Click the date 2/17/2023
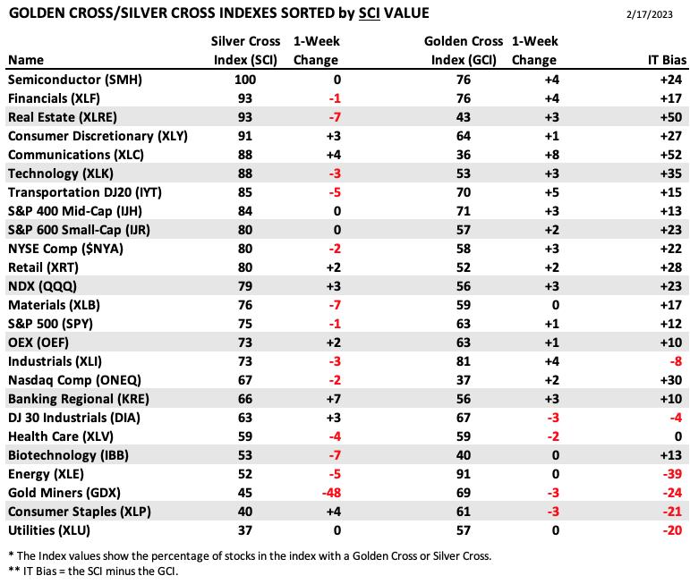coord(650,14)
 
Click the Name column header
coord(26,60)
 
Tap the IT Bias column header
coord(667,60)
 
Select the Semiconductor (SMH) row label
coord(75,80)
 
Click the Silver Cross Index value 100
coord(245,80)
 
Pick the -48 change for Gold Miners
coord(331,493)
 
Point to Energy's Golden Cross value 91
coord(464,474)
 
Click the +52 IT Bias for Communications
coord(671,155)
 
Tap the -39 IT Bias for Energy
coord(672,474)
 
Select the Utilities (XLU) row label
coord(49,530)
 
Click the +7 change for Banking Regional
coord(334,399)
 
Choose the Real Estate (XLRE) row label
coord(63,117)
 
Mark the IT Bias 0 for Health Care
coord(678,436)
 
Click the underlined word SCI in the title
coord(370,13)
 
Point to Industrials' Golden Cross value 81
coord(464,361)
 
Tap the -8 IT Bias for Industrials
coord(676,361)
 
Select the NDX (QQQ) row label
coord(42,286)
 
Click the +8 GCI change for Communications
coord(552,155)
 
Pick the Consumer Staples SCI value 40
coord(245,512)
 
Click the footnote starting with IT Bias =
coord(93,571)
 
